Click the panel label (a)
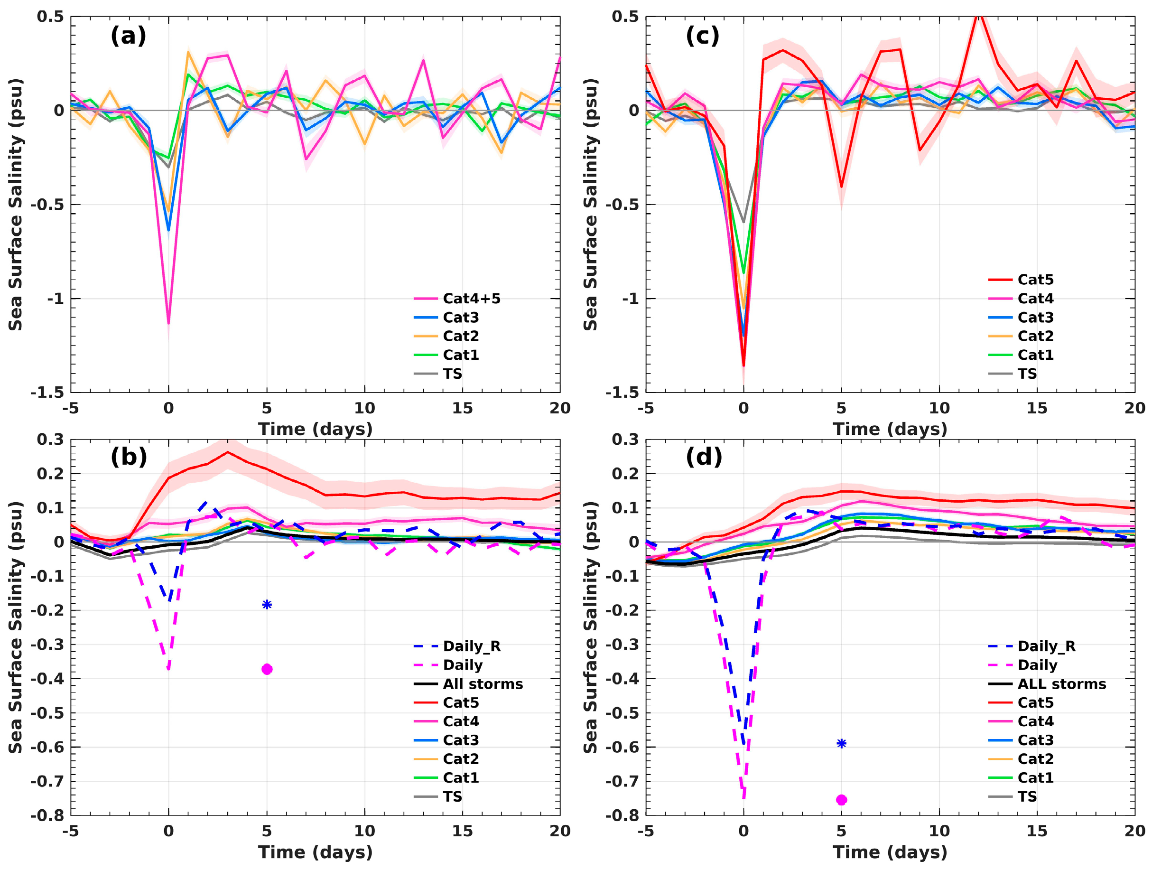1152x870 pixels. point(128,36)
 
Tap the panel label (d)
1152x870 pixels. point(704,457)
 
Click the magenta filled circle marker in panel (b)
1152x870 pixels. point(267,669)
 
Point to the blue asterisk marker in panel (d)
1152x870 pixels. point(842,744)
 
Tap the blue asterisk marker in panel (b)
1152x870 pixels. point(267,605)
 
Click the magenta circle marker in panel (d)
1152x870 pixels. point(842,800)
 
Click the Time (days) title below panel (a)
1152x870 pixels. point(315,429)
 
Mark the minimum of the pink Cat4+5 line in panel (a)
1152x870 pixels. point(168,323)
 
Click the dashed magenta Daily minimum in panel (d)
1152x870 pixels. point(743,797)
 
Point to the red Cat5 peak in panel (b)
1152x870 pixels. point(228,452)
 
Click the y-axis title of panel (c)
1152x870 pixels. point(590,204)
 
